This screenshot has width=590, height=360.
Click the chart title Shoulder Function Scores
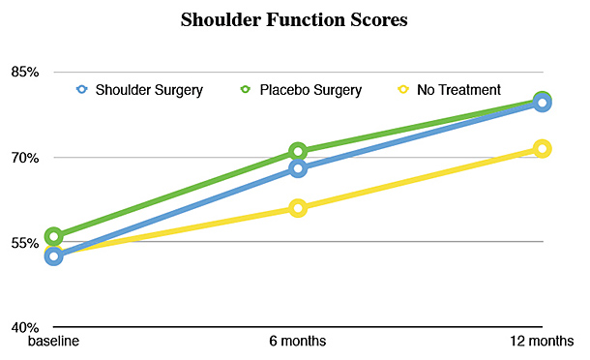click(x=295, y=20)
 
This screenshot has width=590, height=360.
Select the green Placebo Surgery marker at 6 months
click(x=298, y=151)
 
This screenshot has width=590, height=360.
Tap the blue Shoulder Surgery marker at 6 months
click(x=298, y=168)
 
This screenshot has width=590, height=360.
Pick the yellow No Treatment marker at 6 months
click(x=298, y=207)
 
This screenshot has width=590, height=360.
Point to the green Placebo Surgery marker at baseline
click(x=54, y=236)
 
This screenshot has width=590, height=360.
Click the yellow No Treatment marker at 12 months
click(x=542, y=148)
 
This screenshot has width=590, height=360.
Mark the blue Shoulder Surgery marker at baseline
click(x=54, y=256)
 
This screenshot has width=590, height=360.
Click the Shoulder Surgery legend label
click(x=149, y=90)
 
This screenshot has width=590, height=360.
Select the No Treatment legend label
click(x=458, y=90)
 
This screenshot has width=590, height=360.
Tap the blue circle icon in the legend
click(x=82, y=90)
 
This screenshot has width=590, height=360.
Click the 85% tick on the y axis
click(x=20, y=73)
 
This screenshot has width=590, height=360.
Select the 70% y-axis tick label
click(x=20, y=158)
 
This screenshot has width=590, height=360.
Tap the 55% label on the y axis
click(x=20, y=243)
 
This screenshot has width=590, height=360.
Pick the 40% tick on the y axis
click(x=20, y=327)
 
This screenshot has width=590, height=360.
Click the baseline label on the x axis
click(x=53, y=342)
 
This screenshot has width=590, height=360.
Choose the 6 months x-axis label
click(x=298, y=342)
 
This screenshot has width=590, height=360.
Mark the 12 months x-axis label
click(x=543, y=342)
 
